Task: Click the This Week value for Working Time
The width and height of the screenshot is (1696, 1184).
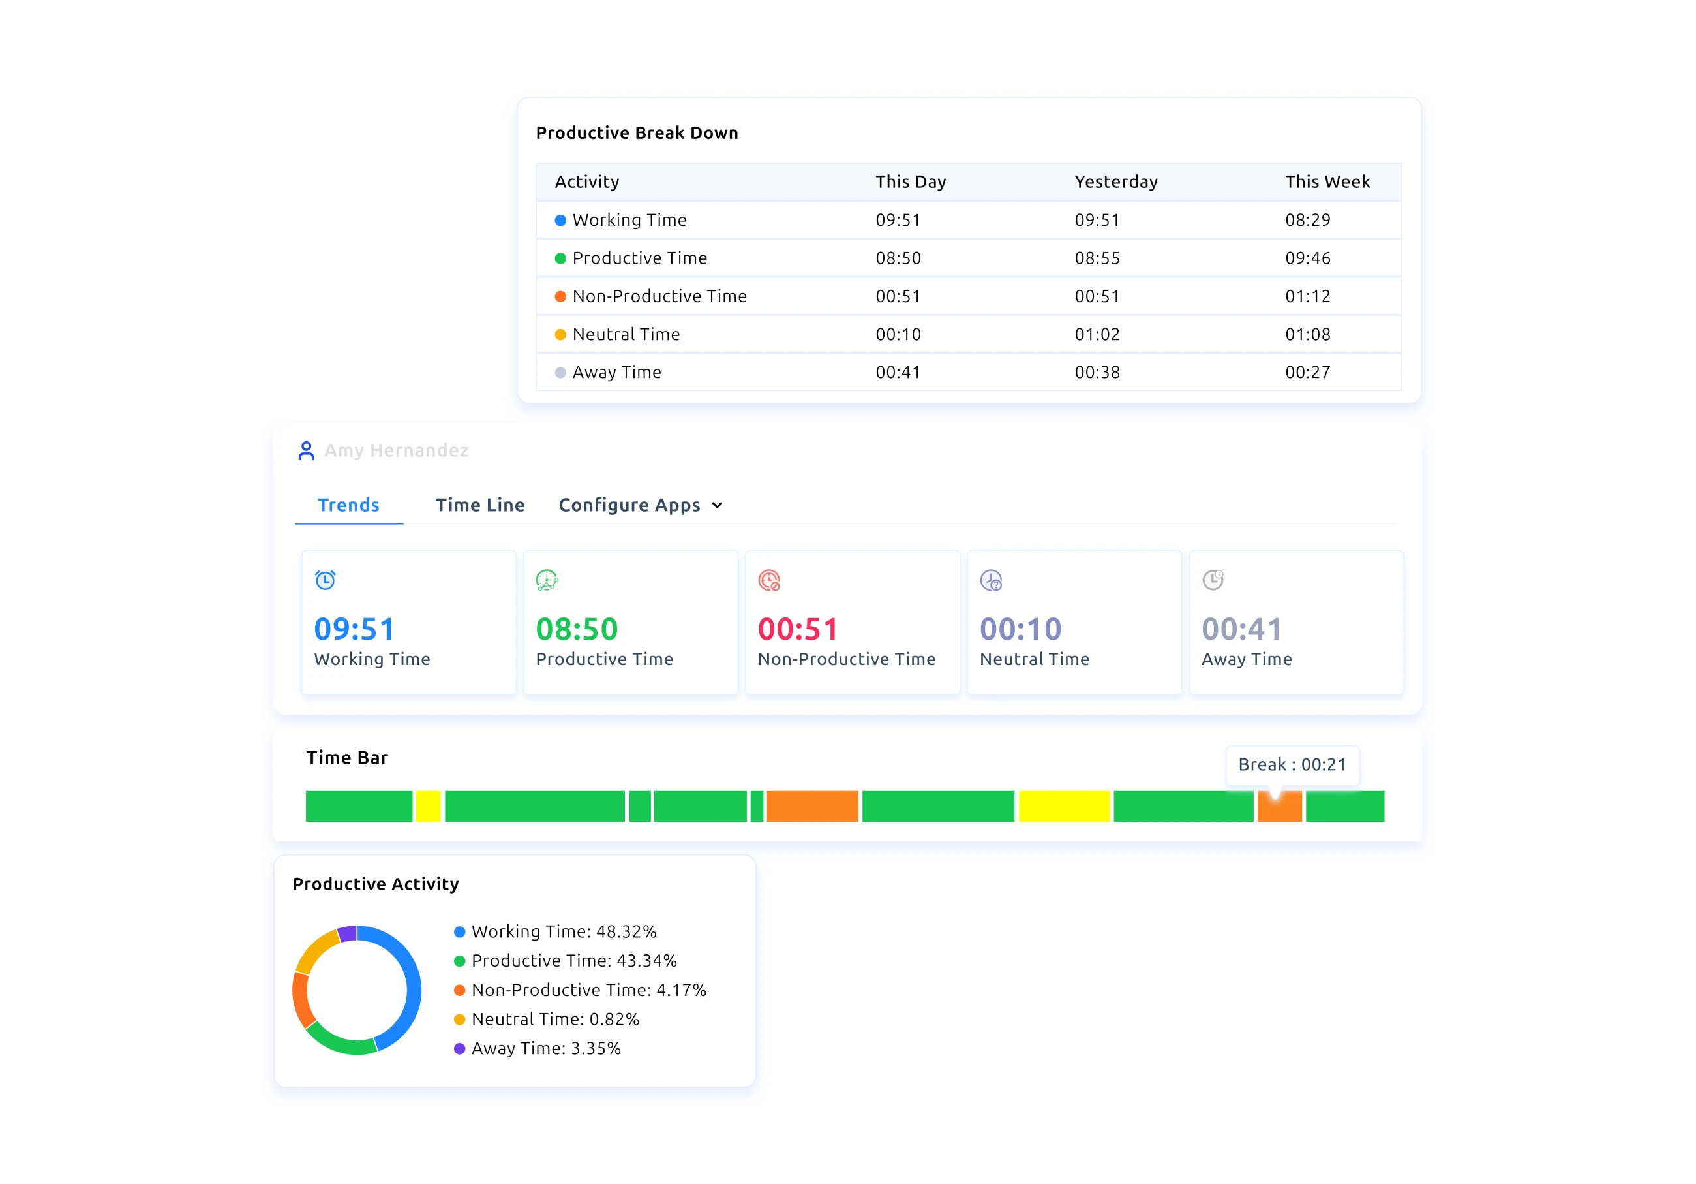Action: pos(1307,220)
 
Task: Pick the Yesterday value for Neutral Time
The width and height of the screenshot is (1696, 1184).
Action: pos(1097,335)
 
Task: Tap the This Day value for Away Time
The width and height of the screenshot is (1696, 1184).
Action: pos(898,373)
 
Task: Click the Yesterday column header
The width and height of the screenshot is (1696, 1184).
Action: pos(1115,182)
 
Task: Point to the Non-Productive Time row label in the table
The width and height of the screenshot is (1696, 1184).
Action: pos(659,296)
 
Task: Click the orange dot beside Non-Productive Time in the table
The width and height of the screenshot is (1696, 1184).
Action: pos(560,296)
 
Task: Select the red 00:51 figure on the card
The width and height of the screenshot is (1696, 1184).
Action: pos(798,629)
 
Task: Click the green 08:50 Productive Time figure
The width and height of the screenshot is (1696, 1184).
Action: pos(576,629)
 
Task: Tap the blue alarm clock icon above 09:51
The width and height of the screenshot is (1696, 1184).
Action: pos(325,580)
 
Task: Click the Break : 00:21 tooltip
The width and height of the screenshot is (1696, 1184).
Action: pos(1292,765)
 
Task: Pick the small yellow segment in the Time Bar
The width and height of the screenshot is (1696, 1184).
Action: pos(429,806)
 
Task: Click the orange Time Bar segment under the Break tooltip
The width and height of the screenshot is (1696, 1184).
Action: pos(1279,809)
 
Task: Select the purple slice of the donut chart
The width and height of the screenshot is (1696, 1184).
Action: pos(347,933)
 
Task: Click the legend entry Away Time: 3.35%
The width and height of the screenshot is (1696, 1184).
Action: pos(545,1049)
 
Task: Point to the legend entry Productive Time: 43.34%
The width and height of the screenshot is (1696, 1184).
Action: pos(573,961)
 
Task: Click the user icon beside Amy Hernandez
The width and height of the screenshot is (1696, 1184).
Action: pos(306,451)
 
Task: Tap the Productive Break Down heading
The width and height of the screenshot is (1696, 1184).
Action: pos(637,133)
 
